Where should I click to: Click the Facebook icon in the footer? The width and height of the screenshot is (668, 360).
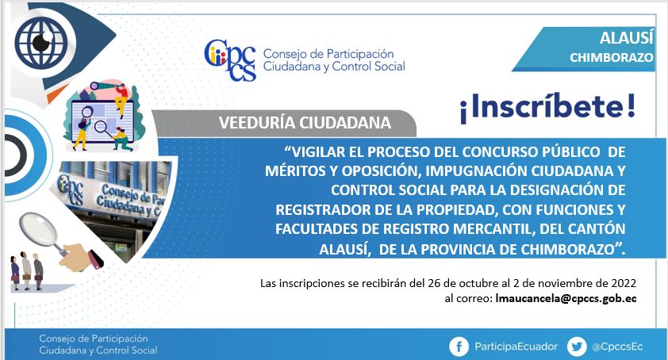click(459, 347)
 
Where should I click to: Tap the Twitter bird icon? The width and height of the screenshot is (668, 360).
click(577, 347)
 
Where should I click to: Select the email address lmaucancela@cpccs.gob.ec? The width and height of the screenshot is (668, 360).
click(566, 298)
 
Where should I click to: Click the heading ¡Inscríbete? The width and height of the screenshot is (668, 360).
click(547, 106)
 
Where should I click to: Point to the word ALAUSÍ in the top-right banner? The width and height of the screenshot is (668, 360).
click(626, 38)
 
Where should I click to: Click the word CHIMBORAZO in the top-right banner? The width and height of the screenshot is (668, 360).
click(612, 58)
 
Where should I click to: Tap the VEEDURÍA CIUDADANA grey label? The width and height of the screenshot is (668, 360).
click(305, 123)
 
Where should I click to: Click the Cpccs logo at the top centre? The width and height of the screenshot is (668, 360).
click(230, 60)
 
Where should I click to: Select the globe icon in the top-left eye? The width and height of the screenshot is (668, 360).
click(41, 43)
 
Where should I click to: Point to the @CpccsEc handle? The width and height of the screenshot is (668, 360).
click(617, 347)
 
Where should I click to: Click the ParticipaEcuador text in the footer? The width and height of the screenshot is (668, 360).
click(516, 347)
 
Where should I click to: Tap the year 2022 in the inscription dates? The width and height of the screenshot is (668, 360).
click(624, 283)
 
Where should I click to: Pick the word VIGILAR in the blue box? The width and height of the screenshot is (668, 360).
click(313, 151)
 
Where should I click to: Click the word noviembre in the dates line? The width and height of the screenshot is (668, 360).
click(561, 283)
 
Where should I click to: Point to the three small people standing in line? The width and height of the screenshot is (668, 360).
click(27, 271)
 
